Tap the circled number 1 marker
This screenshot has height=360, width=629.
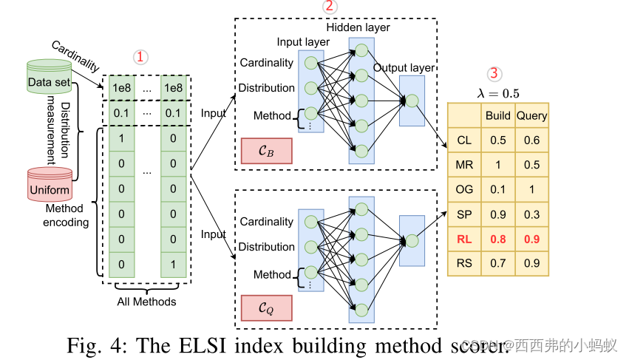[x=140, y=57]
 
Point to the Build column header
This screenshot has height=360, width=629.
[x=497, y=115]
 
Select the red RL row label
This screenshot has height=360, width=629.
[x=464, y=239]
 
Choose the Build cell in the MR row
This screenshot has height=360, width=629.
[x=497, y=165]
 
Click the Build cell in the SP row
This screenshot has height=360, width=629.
[x=497, y=214]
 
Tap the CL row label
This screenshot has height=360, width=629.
[x=464, y=140]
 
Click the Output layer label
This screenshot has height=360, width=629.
[x=404, y=68]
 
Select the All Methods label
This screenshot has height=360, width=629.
[x=147, y=302]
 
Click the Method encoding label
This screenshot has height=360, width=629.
[x=66, y=216]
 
